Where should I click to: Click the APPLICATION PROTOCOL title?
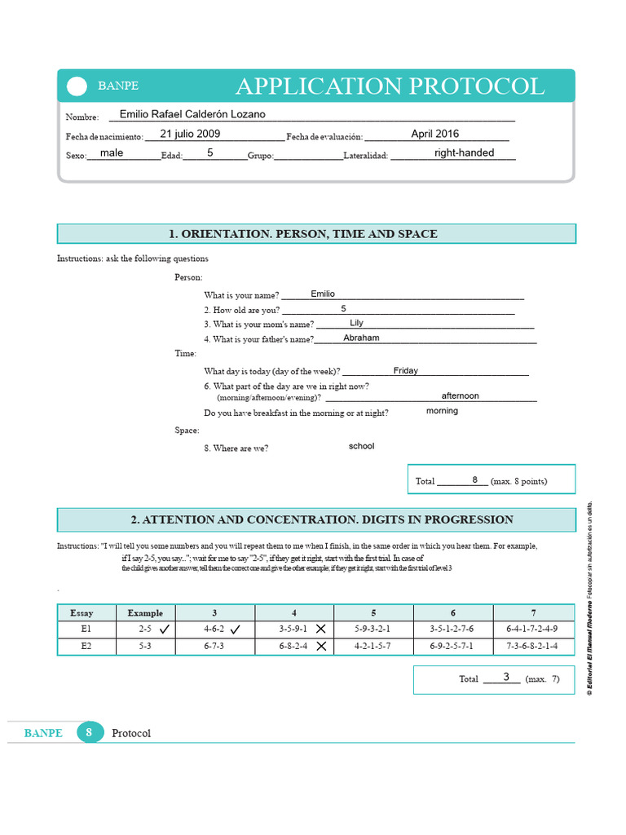tap(390, 86)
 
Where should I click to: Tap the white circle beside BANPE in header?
tap(76, 86)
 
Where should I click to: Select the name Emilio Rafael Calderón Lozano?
tap(192, 115)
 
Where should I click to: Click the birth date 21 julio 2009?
tap(190, 134)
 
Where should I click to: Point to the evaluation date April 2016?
tap(434, 134)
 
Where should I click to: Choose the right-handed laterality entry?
tap(464, 152)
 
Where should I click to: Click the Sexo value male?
tap(112, 152)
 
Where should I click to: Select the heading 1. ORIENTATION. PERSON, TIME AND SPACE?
tap(303, 234)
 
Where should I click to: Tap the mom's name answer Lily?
tap(356, 323)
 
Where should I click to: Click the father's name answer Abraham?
tap(361, 338)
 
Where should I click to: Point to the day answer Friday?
tap(405, 370)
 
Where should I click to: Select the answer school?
tap(361, 446)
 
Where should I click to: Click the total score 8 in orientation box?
tap(474, 480)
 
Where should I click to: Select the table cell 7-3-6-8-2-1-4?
tap(532, 646)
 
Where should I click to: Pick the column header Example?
tap(145, 612)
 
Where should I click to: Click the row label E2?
tap(86, 646)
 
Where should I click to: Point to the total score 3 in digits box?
tap(505, 677)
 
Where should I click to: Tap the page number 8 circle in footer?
tap(89, 732)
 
